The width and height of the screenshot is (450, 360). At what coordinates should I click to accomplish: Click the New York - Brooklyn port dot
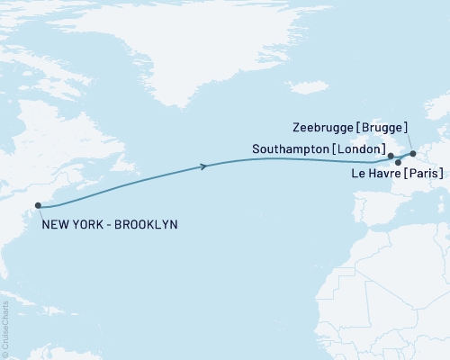pyautogui.click(x=38, y=205)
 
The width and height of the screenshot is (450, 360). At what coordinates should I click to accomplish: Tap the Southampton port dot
pyautogui.click(x=391, y=156)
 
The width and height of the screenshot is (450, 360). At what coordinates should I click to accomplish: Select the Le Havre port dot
pyautogui.click(x=398, y=162)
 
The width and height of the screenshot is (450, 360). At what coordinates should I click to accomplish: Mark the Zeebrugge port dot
pyautogui.click(x=413, y=153)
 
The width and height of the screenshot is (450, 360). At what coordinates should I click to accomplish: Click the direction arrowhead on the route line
pyautogui.click(x=204, y=166)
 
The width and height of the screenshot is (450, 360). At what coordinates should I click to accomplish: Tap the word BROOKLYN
pyautogui.click(x=143, y=223)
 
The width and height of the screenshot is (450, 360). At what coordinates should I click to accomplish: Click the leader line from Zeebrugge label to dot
pyautogui.click(x=410, y=142)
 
